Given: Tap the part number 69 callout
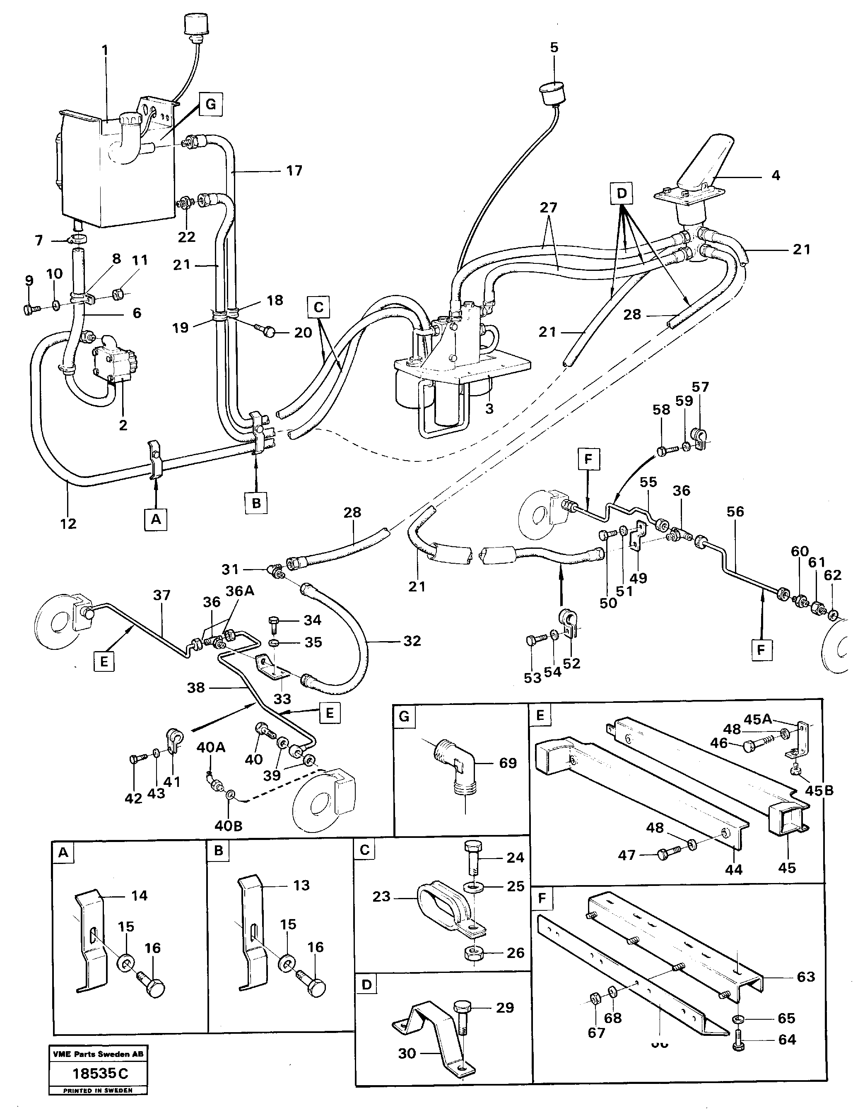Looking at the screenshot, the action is click(x=508, y=763).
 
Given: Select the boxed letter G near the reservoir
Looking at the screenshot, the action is click(x=211, y=105).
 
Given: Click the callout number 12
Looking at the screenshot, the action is click(x=68, y=524).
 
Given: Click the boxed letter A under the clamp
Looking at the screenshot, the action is click(x=156, y=520).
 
